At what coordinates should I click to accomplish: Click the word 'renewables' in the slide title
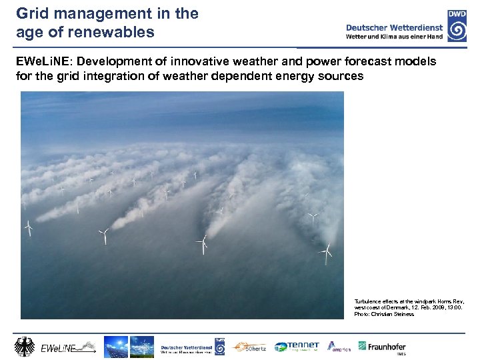tap(119, 32)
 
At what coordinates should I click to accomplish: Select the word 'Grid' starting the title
tap(32, 13)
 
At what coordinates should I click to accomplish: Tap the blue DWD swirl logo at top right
tap(457, 27)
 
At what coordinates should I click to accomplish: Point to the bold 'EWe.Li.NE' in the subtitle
tap(45, 61)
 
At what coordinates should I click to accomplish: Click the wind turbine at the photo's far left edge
tap(29, 228)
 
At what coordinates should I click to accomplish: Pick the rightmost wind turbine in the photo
tap(326, 251)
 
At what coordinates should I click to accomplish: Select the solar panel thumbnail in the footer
tap(115, 347)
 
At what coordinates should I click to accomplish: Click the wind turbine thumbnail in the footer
tap(141, 347)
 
